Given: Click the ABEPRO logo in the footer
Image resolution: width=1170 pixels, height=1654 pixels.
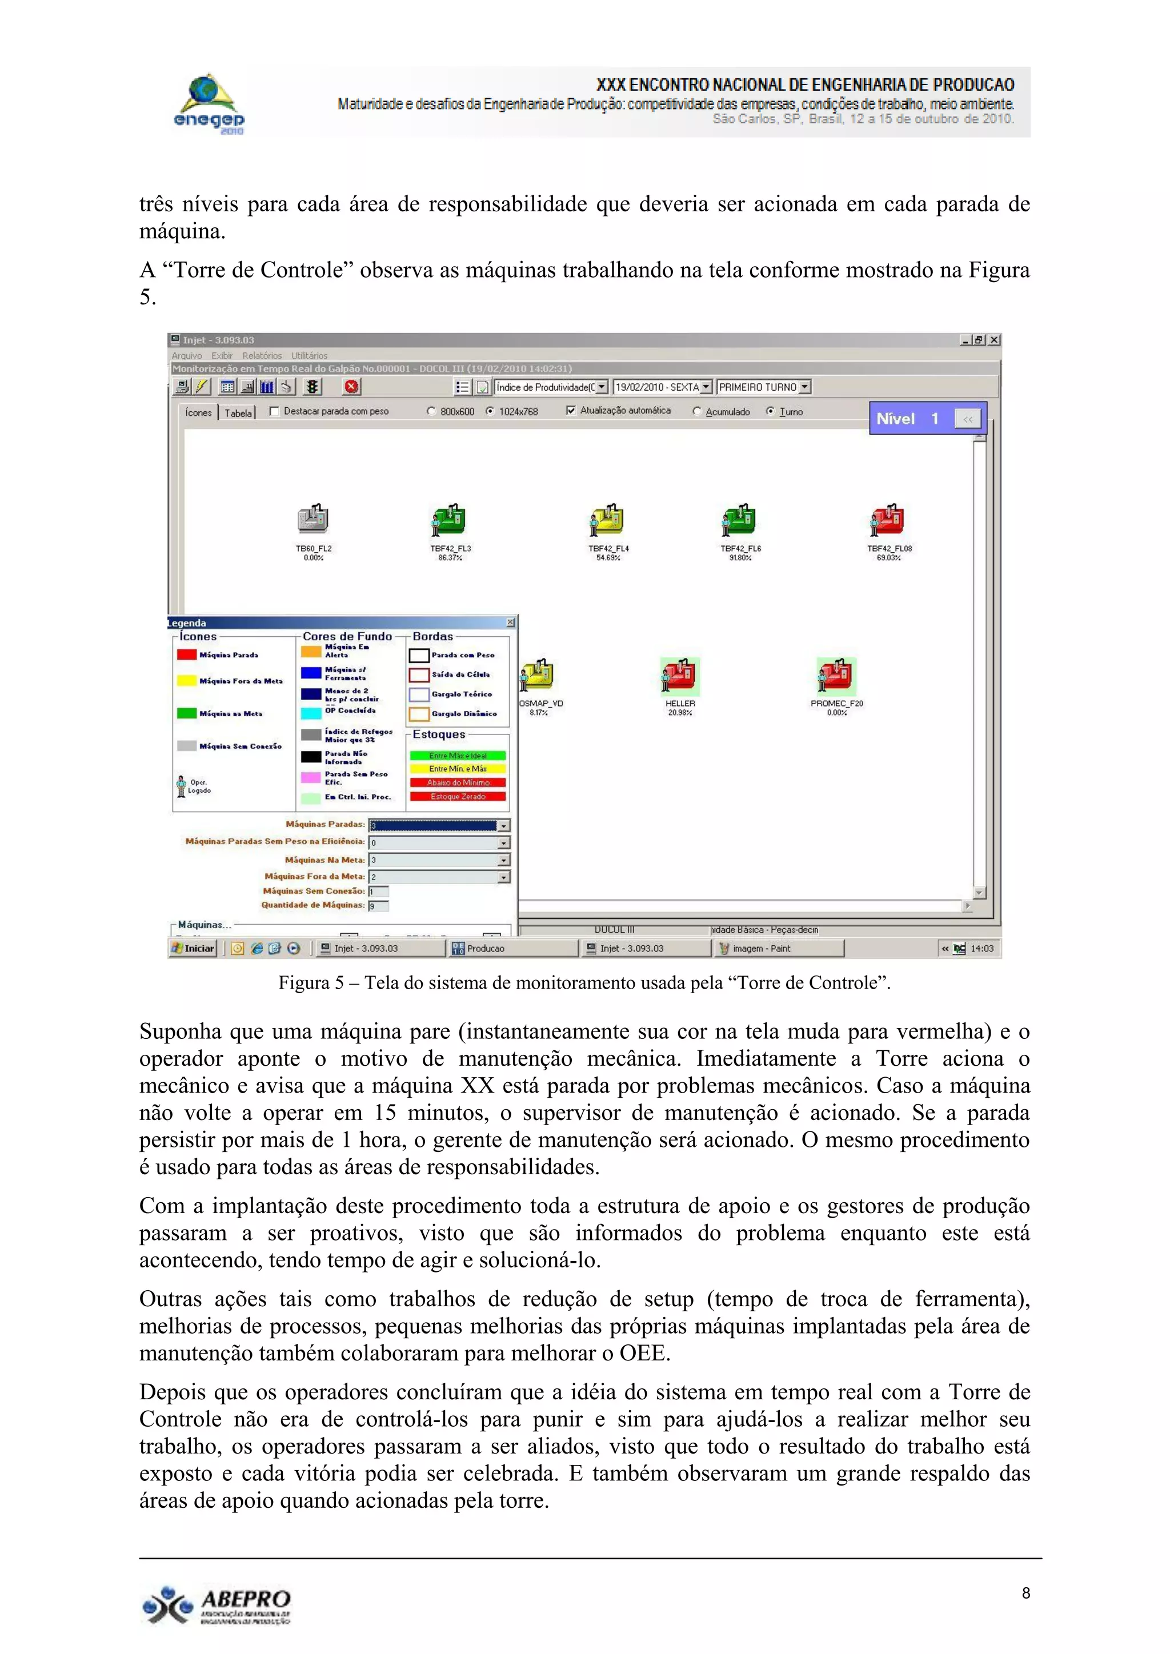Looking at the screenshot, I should (x=216, y=1605).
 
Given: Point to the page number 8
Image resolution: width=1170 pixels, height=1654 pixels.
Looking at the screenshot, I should (x=1026, y=1593).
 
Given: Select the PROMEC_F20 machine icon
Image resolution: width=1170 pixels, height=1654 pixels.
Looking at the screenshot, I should (x=836, y=676).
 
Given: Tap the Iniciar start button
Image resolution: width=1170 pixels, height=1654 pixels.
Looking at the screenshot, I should (x=193, y=948).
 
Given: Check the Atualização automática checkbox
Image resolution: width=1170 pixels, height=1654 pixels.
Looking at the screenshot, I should (x=571, y=411).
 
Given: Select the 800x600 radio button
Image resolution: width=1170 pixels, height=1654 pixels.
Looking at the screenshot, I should (x=431, y=411).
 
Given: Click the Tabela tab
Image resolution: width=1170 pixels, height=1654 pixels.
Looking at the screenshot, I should (x=238, y=413).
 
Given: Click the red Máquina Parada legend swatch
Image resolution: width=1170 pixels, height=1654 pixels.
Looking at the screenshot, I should (x=187, y=654).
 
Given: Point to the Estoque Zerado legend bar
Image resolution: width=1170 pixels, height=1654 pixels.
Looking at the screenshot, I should (x=458, y=796).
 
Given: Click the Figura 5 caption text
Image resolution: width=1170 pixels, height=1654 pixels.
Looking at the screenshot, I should (x=584, y=982).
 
